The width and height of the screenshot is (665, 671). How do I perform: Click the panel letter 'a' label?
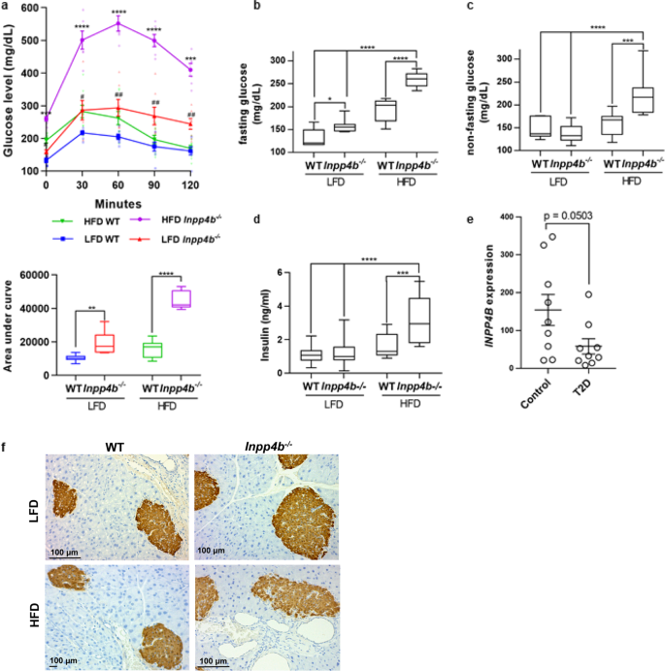[x=5, y=6]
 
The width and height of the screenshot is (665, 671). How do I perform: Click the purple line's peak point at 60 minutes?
[x=117, y=23]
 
